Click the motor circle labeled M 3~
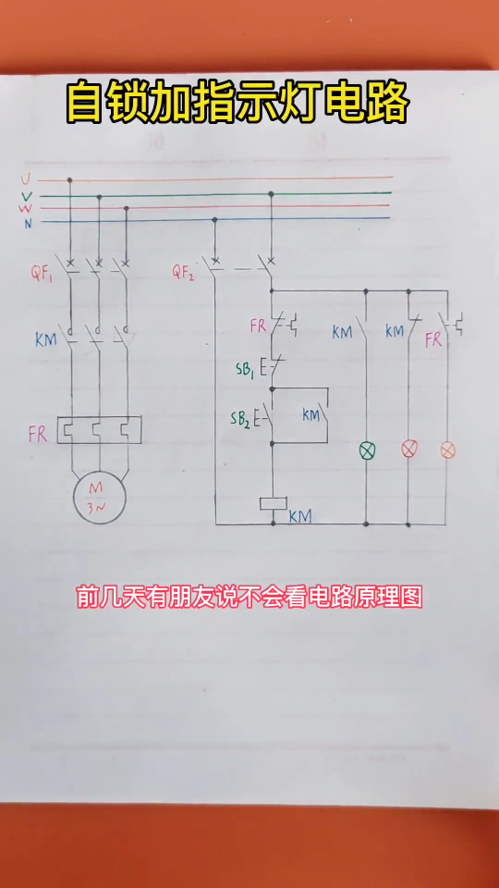(100, 498)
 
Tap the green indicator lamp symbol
(368, 450)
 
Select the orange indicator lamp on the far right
(448, 450)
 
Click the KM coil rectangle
(274, 503)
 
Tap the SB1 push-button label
(246, 369)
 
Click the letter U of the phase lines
(26, 180)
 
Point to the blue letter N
(28, 224)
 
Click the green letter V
(27, 196)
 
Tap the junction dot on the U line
(70, 180)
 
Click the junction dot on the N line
(214, 219)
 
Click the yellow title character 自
(84, 103)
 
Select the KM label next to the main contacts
(46, 340)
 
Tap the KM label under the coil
(300, 516)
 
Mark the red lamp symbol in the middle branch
(408, 450)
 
